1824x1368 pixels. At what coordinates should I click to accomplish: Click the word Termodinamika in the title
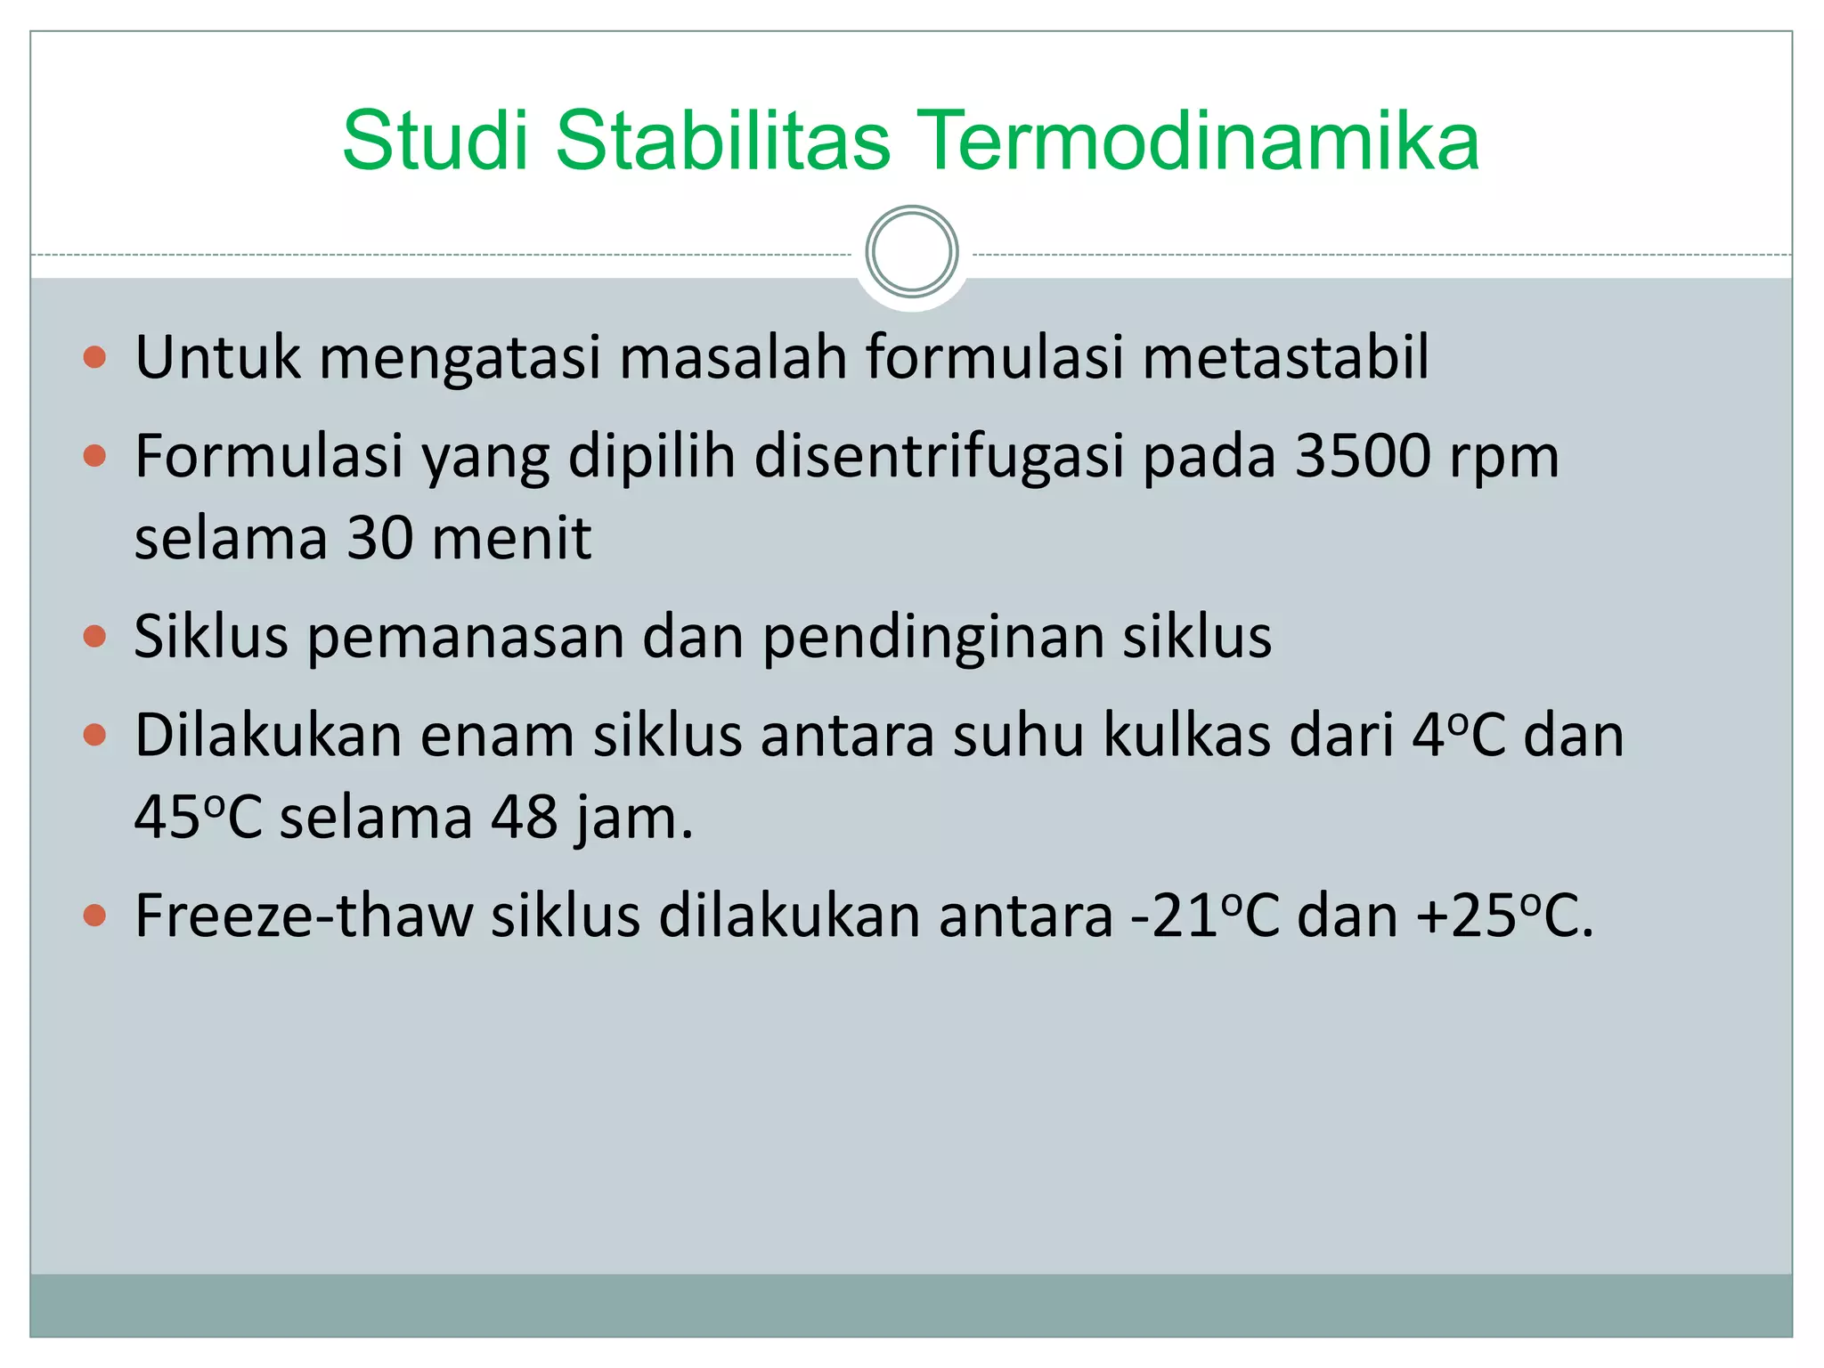pos(1197,141)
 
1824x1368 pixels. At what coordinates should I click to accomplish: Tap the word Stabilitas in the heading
pos(722,141)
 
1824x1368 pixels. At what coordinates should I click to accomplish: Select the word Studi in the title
pos(436,141)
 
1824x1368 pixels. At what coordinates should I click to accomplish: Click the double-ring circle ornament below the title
pos(912,252)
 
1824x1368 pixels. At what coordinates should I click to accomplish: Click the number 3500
pos(1363,456)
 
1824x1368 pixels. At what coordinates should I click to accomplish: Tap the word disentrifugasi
pos(940,456)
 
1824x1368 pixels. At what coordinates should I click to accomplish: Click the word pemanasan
pos(466,638)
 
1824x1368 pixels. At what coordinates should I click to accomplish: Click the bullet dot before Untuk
pos(94,358)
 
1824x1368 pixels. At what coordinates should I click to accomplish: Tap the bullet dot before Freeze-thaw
pos(94,916)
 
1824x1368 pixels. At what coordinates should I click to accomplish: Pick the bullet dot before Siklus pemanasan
pos(94,638)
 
